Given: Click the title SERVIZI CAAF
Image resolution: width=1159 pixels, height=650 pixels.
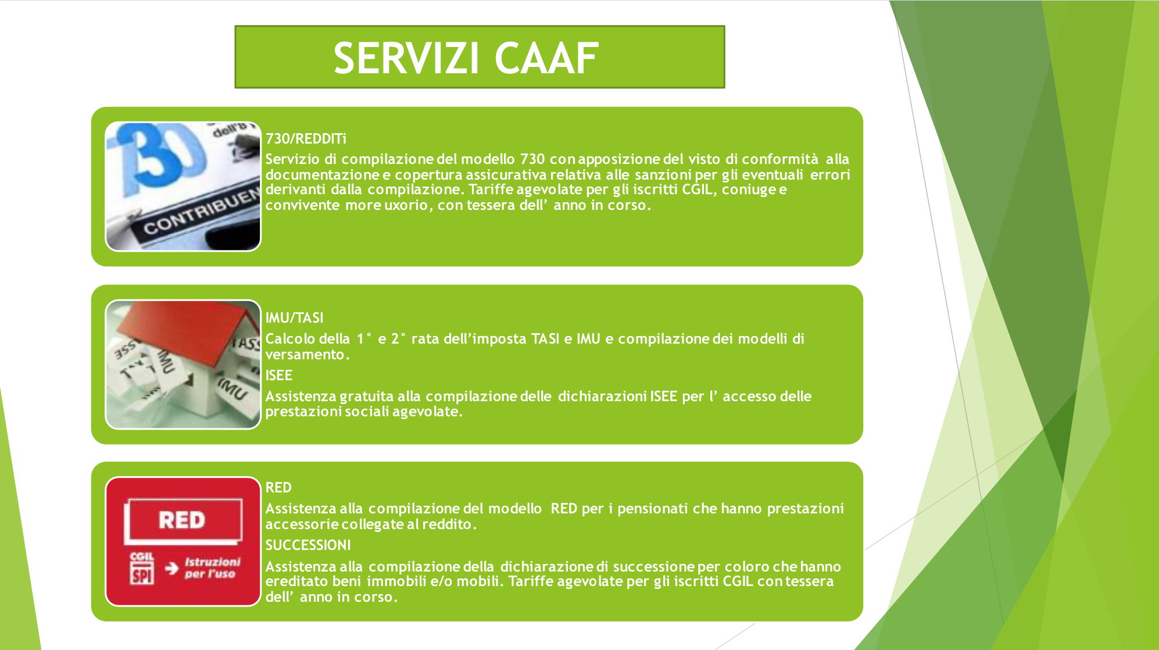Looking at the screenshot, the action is (466, 58).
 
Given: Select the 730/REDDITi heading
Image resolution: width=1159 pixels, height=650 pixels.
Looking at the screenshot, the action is (306, 138).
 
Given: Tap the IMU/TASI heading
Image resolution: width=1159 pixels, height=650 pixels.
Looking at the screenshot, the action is (294, 317).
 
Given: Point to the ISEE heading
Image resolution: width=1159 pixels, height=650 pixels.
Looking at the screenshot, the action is (279, 375).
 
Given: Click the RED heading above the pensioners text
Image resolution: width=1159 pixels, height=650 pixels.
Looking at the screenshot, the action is (278, 487).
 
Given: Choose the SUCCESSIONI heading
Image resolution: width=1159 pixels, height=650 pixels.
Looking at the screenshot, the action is (308, 545).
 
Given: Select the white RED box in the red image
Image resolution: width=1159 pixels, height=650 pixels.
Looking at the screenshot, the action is (183, 520).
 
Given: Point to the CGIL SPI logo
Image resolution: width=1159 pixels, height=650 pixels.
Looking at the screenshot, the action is (142, 568).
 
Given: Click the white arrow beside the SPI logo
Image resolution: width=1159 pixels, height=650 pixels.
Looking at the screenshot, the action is (171, 568).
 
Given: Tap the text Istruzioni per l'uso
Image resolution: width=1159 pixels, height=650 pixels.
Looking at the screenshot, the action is (212, 567).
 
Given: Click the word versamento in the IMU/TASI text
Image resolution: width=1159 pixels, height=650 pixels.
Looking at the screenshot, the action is (307, 354).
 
